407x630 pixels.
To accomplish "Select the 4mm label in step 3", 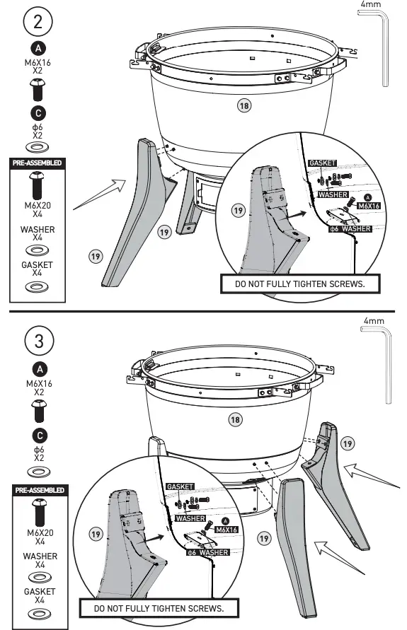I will [x=372, y=320].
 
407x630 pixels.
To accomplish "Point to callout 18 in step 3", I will [x=234, y=419].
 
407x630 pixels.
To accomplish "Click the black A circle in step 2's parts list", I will [x=40, y=49].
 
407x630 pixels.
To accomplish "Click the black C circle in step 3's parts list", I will [x=40, y=433].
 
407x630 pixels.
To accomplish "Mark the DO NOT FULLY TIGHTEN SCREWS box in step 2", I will [x=298, y=284].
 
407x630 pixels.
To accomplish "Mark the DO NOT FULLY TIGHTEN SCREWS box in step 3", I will [x=159, y=608].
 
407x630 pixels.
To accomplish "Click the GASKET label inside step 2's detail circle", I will [x=322, y=163].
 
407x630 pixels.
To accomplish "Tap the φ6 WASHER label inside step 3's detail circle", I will [x=207, y=552].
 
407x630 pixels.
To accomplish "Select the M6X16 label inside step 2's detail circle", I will [x=369, y=206].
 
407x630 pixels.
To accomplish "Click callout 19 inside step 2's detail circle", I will [x=239, y=211].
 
